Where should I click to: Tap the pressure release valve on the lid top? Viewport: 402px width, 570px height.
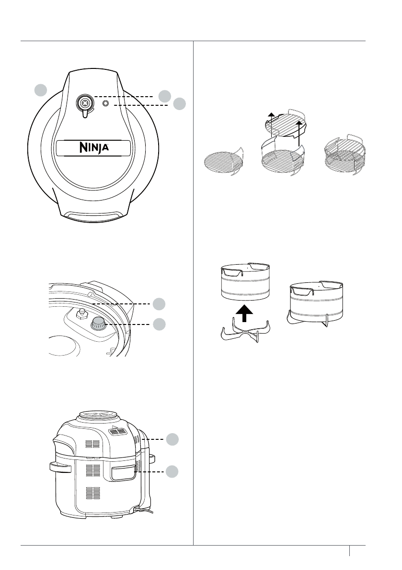click(85, 102)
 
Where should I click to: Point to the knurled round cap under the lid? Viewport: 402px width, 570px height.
click(100, 324)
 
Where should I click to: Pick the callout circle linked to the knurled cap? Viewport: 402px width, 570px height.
click(160, 324)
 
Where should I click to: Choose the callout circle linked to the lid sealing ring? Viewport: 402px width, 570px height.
click(160, 303)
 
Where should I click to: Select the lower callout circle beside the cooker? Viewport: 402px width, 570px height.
click(173, 471)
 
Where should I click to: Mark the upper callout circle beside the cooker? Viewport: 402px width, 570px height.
click(173, 438)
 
